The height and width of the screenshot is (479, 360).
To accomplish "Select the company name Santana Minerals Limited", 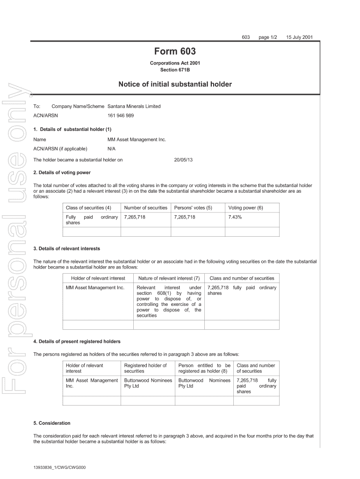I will point(134,106).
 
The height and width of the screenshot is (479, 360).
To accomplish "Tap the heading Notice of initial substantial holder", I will point(175,85).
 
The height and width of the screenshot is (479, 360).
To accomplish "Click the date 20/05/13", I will point(183,160).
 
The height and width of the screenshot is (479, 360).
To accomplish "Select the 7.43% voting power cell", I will point(235,218).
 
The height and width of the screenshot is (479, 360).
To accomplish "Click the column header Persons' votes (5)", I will point(193,207).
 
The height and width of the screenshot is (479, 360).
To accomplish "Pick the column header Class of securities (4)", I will point(88,207).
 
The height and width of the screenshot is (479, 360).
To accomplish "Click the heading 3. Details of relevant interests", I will point(67,248).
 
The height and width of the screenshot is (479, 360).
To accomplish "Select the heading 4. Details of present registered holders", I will point(77,341).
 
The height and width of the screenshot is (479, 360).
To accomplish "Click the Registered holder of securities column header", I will point(145,368).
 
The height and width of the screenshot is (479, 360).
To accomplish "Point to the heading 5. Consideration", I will point(52,423).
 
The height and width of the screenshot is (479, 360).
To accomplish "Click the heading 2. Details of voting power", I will point(62,172).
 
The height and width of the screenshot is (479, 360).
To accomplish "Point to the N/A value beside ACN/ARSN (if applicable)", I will point(112,149).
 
